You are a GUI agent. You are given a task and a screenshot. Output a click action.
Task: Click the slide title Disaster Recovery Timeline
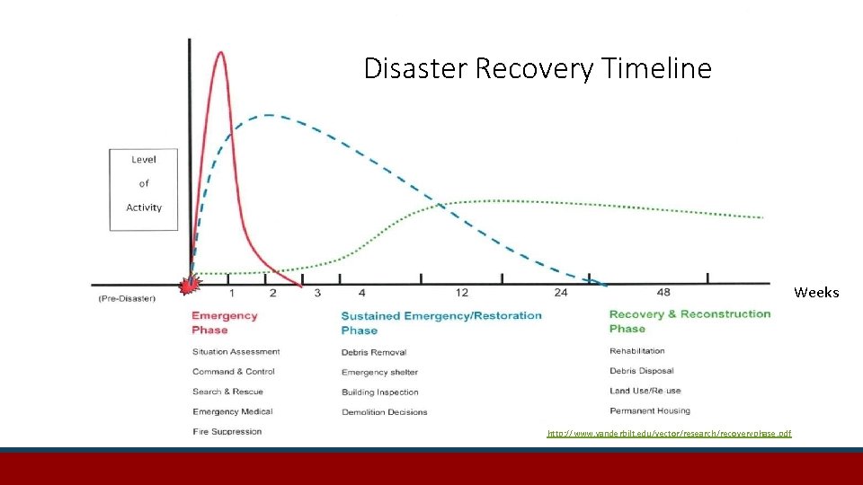pos(537,68)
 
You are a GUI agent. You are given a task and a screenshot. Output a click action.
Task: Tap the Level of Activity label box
pos(144,190)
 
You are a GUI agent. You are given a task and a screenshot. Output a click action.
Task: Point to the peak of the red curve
pos(220,53)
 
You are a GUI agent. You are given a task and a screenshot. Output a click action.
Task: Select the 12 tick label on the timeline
pos(462,293)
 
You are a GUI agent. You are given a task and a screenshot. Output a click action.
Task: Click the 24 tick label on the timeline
pos(561,293)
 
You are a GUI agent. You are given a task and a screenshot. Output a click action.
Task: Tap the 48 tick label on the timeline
pos(663,293)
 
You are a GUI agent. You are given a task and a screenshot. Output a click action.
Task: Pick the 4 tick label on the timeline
pos(361,293)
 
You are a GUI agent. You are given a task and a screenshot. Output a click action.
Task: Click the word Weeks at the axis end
pos(816,293)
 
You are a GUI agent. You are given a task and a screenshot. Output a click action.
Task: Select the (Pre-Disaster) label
pos(127,298)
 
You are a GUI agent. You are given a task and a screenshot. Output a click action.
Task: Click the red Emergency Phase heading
pos(224,322)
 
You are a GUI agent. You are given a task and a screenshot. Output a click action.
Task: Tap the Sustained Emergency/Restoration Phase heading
pos(441,322)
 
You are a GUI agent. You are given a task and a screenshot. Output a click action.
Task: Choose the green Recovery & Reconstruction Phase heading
pos(690,321)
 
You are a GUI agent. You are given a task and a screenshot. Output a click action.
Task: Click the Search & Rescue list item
pos(227,392)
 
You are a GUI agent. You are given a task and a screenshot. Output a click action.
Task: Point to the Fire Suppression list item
pos(227,431)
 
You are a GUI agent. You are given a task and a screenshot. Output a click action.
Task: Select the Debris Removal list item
pos(374,352)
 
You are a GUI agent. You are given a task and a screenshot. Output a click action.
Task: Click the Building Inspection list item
pos(379,392)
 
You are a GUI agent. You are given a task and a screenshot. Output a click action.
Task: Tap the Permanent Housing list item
pos(649,410)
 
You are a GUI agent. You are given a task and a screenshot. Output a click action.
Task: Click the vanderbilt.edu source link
pos(669,434)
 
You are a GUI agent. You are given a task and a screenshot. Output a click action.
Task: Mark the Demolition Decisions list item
pos(384,412)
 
